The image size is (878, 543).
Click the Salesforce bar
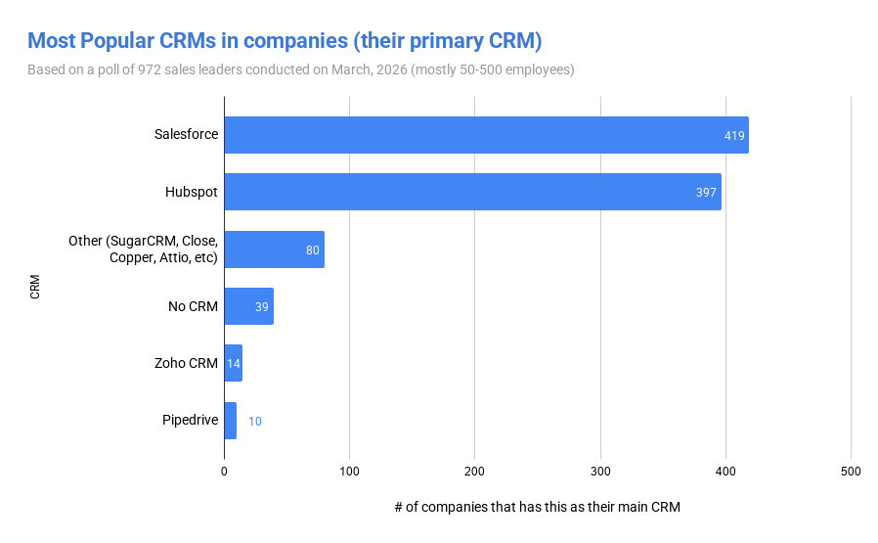coord(486,135)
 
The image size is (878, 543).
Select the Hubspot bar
coord(472,192)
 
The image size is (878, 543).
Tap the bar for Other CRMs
coord(274,249)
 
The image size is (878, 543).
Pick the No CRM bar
coord(248,306)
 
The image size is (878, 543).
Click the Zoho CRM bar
coord(233,363)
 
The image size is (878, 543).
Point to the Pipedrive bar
coord(230,421)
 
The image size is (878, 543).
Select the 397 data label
coord(707,192)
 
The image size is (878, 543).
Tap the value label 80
coord(313,249)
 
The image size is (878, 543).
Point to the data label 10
coord(254,422)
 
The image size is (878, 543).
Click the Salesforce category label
coord(186,134)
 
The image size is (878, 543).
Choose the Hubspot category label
coord(192,192)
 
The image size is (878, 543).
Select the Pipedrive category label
coord(190,421)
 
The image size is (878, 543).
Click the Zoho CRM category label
coord(186,363)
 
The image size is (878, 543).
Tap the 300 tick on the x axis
coord(600,472)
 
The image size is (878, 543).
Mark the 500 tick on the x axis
coord(851,472)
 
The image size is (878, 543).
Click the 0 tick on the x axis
coord(224,472)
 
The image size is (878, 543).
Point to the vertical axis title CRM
coord(35,287)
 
